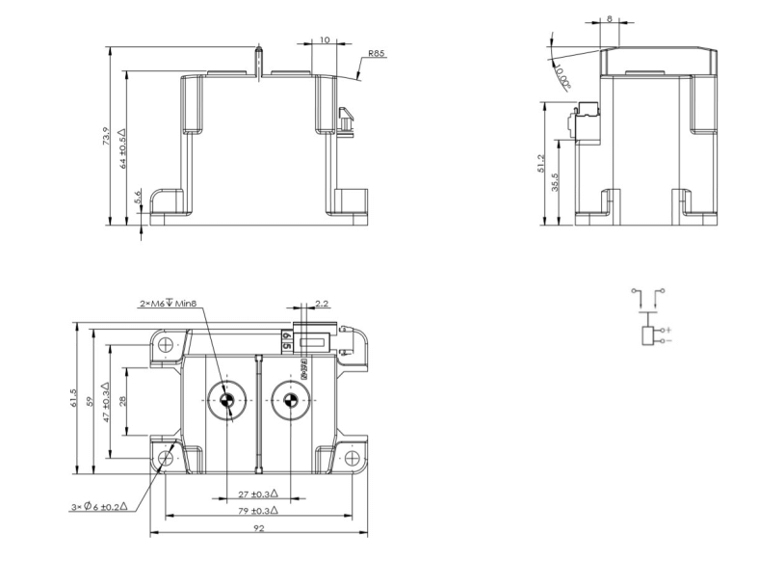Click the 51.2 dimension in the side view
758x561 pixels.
[x=542, y=165]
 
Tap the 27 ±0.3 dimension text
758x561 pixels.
[x=257, y=494]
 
